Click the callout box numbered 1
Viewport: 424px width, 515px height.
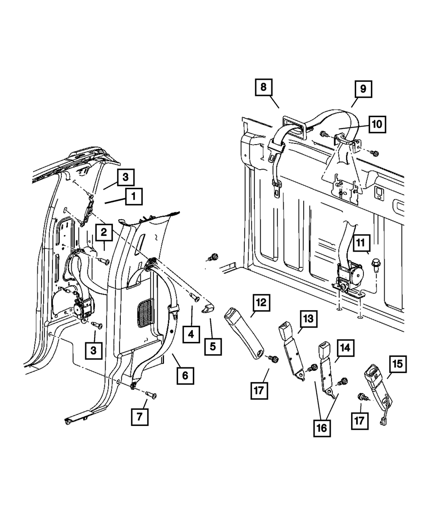133,196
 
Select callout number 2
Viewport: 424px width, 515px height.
103,232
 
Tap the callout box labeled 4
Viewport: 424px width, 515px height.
192,335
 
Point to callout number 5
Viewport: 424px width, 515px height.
212,347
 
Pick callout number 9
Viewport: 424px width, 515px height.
363,89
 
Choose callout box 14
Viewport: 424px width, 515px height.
345,348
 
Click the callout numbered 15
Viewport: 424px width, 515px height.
398,364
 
